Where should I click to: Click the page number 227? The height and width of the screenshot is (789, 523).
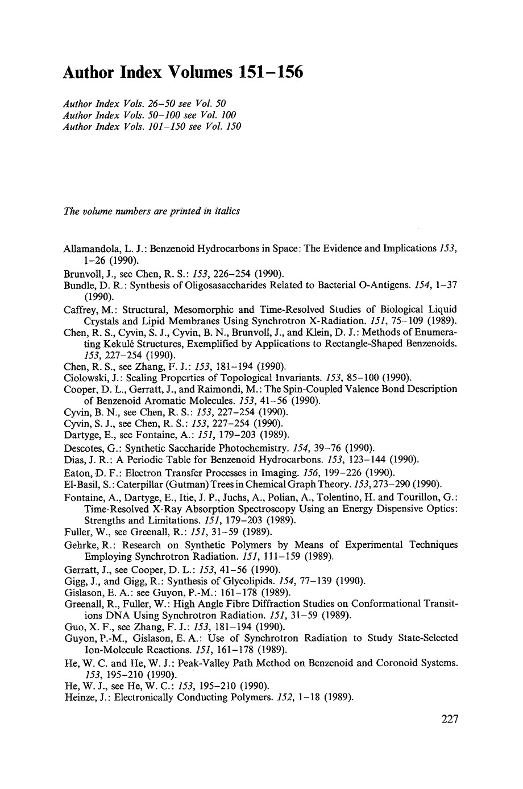[x=449, y=718]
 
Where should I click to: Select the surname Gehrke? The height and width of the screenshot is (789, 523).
[x=80, y=545]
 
